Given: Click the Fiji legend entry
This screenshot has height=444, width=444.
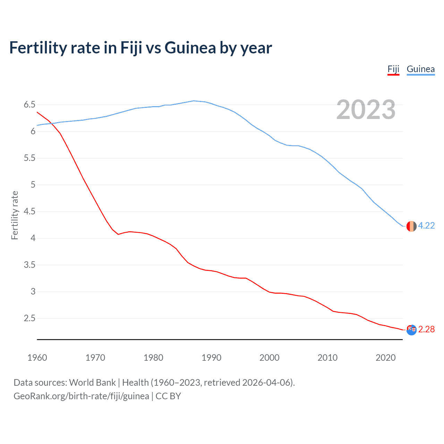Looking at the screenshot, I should pos(393,69).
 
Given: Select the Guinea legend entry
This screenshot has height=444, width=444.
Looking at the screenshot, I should pos(420,69).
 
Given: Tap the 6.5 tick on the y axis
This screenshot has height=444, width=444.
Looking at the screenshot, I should pos(29,105).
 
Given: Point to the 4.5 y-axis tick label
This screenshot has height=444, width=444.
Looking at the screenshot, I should pos(29,212).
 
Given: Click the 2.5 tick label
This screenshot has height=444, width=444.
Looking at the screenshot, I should pos(29,318).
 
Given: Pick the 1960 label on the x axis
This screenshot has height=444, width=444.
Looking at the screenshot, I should pos(37,358).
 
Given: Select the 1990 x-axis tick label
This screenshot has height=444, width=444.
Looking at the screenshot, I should pos(211,358).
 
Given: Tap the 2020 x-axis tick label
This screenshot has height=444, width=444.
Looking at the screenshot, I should pos(385,358).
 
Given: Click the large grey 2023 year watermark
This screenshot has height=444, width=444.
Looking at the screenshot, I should pos(366,110).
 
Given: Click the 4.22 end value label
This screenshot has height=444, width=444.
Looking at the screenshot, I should pos(426,226).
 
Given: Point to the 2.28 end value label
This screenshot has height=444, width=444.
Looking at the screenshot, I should pos(426,330).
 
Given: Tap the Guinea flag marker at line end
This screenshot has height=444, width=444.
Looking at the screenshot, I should pos(411,226).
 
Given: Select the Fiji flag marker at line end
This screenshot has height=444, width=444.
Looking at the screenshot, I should pos(411,330).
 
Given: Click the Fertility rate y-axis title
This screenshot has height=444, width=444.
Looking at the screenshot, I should pos(15,215).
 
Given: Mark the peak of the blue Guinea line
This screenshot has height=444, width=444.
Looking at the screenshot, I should pos(194,101).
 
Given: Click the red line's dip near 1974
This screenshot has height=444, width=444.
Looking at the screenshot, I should pos(118,234).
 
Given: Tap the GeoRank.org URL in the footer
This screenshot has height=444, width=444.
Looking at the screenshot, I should pos(81,396).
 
